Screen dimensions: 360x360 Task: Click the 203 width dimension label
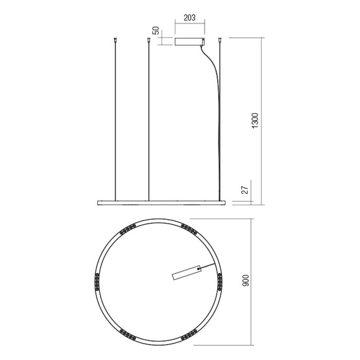click(189, 18)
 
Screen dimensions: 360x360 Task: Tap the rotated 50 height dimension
click(156, 30)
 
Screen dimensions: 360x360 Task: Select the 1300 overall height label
click(255, 121)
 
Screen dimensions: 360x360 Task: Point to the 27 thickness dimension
click(245, 190)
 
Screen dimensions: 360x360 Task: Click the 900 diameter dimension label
click(246, 280)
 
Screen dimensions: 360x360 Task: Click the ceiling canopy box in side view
click(189, 41)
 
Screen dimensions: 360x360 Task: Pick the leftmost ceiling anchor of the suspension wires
click(115, 40)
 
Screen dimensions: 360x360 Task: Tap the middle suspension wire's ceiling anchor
click(148, 40)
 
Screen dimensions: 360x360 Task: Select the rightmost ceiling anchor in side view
click(219, 40)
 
